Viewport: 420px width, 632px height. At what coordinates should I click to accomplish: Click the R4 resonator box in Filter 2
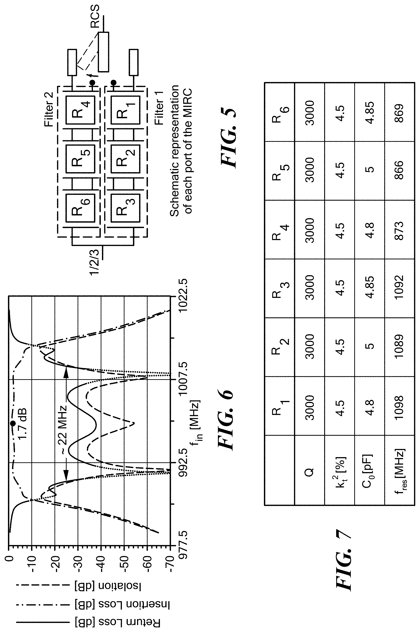pos(80,110)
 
